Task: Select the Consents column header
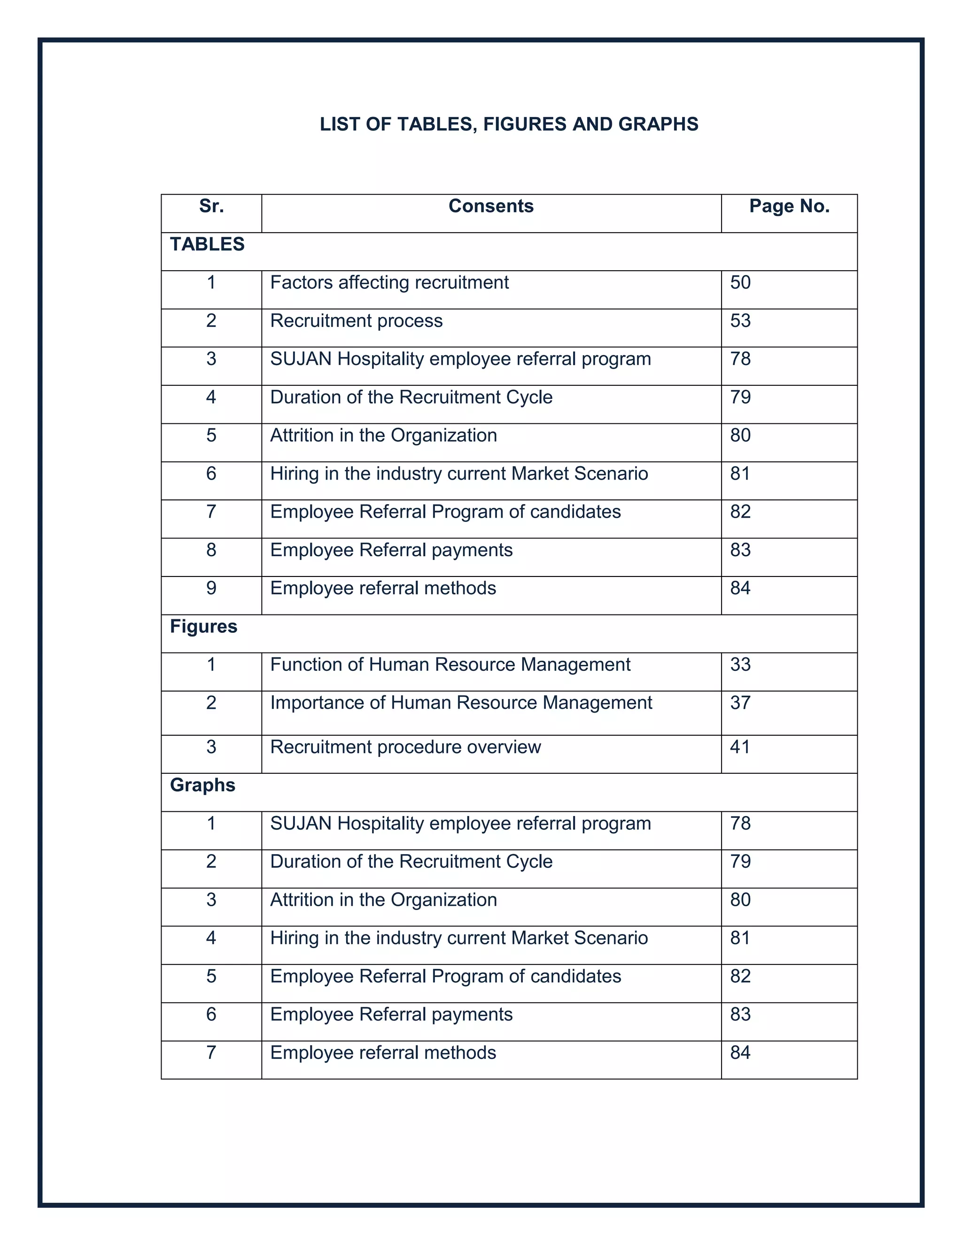coord(491,206)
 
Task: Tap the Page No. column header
coord(789,206)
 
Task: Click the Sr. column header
coord(211,206)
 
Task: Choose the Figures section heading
coord(203,626)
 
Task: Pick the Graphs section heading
coord(202,785)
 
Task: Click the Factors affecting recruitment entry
coord(389,282)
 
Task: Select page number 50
coord(740,282)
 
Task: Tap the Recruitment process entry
coord(356,320)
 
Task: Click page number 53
coord(740,320)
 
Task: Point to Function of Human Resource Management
coord(450,665)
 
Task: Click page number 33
coord(740,665)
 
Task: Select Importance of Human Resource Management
coord(461,703)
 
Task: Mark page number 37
coord(740,703)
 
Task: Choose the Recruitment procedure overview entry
coord(405,747)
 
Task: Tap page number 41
coord(740,747)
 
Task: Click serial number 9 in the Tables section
coord(211,588)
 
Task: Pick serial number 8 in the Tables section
coord(211,550)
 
